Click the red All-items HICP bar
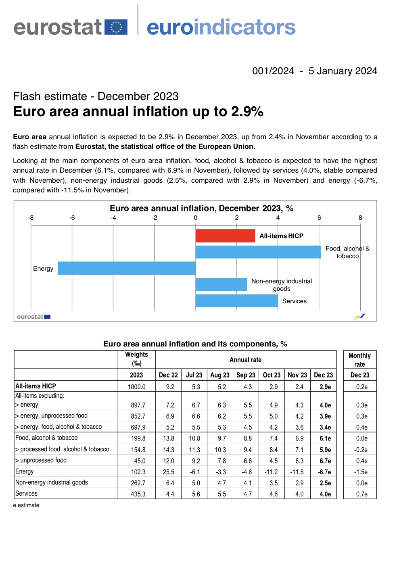pos(225,236)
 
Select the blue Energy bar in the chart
pos(126,268)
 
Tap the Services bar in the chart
pos(236,301)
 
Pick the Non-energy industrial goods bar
pos(221,284)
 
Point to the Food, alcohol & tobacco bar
pos(258,252)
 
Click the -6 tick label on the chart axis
pos(72,218)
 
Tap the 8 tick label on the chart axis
pos(360,218)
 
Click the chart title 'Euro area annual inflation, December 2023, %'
pos(201,208)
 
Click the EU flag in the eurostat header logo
pos(116,27)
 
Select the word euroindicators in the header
pos(221,27)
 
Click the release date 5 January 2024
pos(343,71)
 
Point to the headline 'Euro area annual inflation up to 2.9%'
pos(138,111)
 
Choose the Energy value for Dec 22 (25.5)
pos(168,472)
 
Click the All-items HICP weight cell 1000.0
pos(136,387)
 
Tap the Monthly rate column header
pos(359,360)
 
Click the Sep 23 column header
pos(246,375)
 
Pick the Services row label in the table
pos(27,494)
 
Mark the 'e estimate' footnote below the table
pos(26,505)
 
